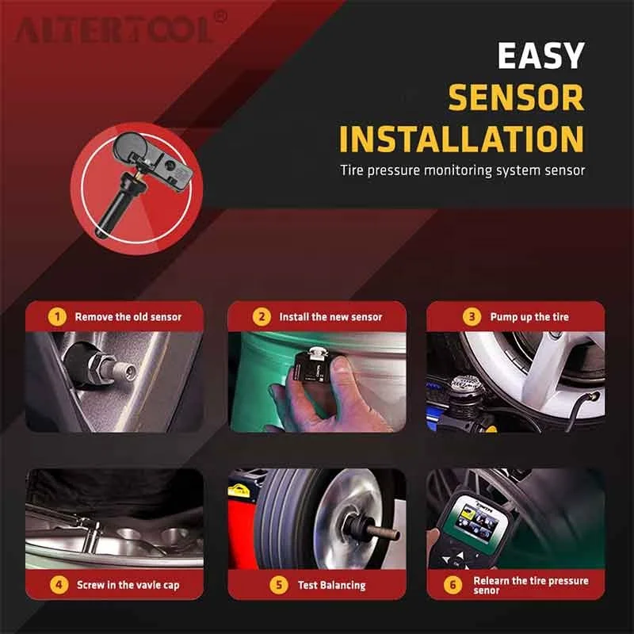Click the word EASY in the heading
(540, 57)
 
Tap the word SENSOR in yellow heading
(516, 97)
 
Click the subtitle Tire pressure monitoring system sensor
(461, 170)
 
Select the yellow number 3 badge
(472, 317)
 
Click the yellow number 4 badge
(57, 586)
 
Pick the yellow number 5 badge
(278, 586)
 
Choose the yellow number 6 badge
(453, 586)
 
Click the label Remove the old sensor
(128, 317)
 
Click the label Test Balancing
(332, 586)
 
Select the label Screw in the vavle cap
(128, 586)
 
